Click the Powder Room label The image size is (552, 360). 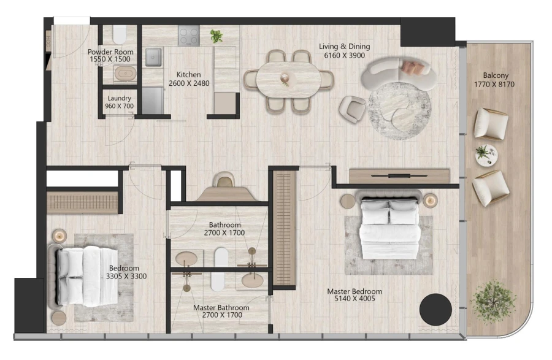(110, 52)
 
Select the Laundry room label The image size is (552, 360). (120, 98)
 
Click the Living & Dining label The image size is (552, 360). (343, 47)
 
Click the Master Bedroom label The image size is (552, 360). (354, 291)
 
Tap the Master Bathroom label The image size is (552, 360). (221, 307)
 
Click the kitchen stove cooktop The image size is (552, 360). (189, 35)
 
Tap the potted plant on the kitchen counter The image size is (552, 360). (216, 36)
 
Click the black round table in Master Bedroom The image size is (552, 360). (435, 309)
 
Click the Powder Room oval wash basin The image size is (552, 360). (126, 74)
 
